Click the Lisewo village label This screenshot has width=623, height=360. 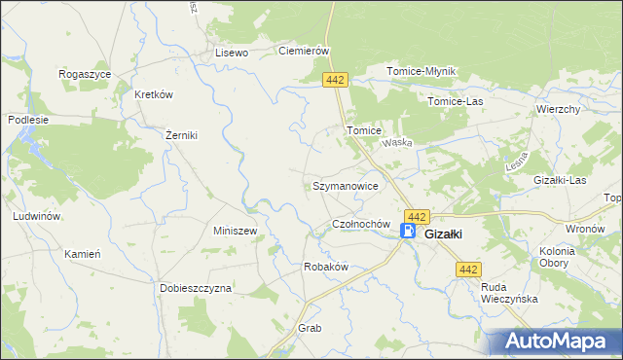pos(233,53)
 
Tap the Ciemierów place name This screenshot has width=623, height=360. pos(306,52)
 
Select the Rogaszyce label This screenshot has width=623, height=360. pos(85,74)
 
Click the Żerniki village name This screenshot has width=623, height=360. pos(181,135)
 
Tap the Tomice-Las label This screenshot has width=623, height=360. pos(456,100)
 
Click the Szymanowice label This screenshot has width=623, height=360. pos(351,185)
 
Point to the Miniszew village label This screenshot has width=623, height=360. pos(235,232)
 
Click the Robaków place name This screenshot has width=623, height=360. pos(326,266)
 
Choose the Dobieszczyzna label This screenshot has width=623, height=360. pos(197,288)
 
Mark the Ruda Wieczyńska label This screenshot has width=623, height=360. pos(510,293)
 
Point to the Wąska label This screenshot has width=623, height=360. pos(398,142)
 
